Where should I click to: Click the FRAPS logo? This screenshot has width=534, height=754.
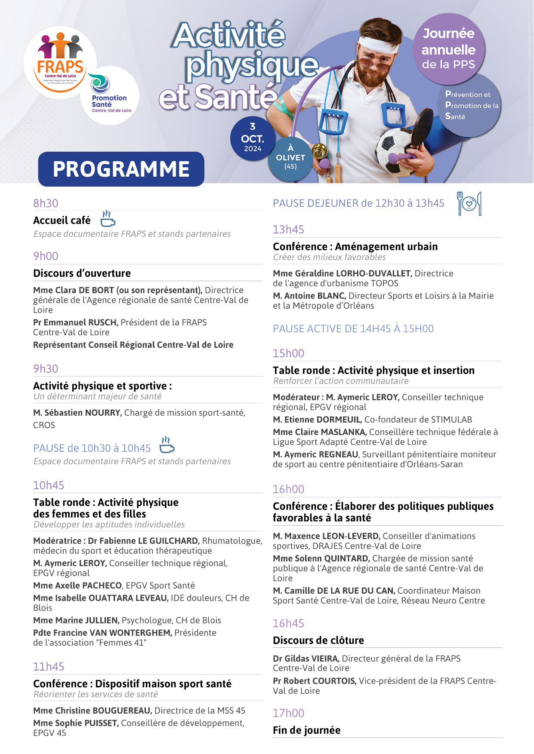(x=60, y=62)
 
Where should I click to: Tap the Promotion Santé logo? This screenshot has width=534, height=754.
(x=110, y=95)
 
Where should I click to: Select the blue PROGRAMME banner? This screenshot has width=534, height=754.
(x=121, y=169)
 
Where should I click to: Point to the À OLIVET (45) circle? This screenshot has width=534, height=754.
(x=290, y=158)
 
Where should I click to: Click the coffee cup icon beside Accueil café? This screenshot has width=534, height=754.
(x=108, y=219)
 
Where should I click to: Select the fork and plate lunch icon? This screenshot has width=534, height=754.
(x=469, y=203)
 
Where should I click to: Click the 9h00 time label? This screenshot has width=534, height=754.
(x=46, y=256)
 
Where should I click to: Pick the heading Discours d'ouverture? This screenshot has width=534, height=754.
(x=82, y=273)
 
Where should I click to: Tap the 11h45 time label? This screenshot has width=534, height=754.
(x=49, y=667)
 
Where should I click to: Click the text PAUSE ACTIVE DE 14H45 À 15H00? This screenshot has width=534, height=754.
(x=353, y=329)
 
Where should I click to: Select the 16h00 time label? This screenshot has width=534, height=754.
(x=288, y=489)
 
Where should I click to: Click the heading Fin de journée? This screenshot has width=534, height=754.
(x=306, y=730)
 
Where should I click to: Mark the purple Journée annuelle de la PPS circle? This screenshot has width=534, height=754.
(x=448, y=49)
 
